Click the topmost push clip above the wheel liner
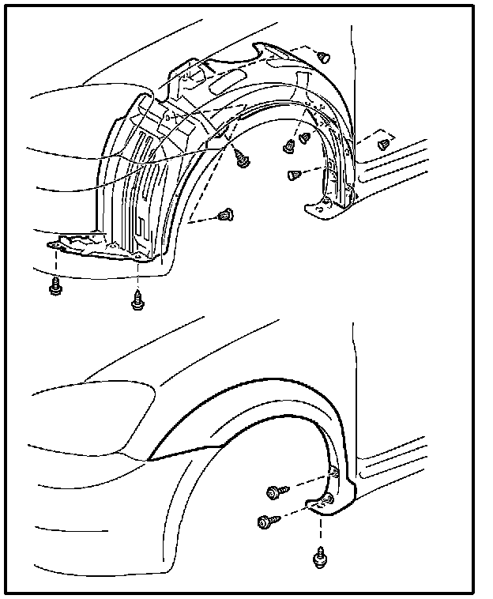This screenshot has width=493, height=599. point(324,56)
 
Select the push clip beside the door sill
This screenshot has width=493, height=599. point(385,144)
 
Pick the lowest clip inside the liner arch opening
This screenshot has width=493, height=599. point(228,214)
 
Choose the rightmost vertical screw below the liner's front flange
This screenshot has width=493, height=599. point(137,299)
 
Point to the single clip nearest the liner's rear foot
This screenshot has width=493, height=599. point(295,173)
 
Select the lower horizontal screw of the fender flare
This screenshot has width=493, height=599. point(265,522)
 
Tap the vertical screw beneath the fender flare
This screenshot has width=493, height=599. point(319,558)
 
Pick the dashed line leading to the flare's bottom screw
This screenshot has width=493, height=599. point(320,530)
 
